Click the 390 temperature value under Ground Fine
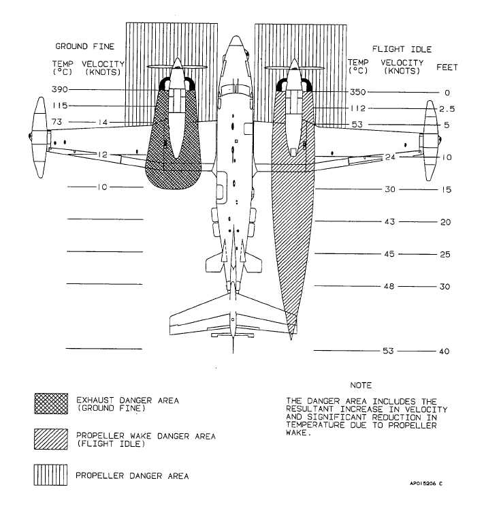60,89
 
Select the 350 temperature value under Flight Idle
358,92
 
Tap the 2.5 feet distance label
447,109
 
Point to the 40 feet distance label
444,351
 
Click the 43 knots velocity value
389,221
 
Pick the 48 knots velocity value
389,286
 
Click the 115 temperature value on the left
60,106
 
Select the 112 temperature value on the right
358,108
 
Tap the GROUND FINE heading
84,46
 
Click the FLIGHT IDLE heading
402,49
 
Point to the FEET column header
447,67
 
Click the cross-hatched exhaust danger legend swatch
51,403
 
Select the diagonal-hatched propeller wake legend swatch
51,439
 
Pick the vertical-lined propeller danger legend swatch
50,475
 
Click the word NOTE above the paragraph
361,385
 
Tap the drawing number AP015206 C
426,484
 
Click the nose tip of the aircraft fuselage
236,36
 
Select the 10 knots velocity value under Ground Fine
102,187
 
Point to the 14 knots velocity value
103,122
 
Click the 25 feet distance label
445,254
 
